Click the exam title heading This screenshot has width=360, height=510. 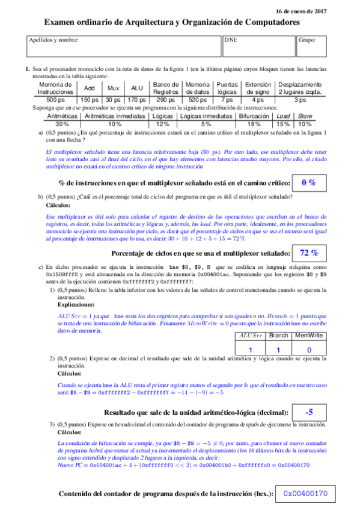(172, 22)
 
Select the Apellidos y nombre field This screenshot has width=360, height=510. (123, 46)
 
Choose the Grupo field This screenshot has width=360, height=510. (313, 46)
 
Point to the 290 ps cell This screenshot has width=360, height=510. (166, 99)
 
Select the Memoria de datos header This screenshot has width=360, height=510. (197, 88)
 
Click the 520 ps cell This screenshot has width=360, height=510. (197, 99)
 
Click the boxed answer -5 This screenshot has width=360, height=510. (309, 412)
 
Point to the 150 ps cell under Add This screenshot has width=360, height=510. (89, 99)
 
